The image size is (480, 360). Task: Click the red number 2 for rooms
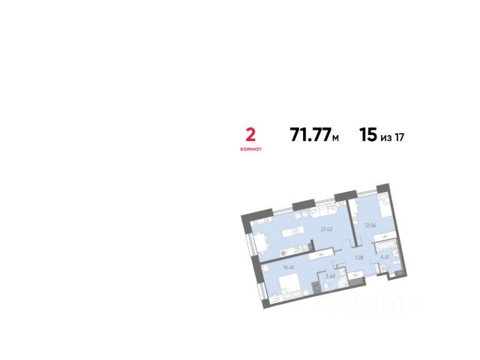[x=250, y=135]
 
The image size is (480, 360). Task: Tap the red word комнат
[x=250, y=149]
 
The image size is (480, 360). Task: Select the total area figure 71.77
[x=310, y=136]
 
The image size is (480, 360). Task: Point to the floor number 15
[x=367, y=136]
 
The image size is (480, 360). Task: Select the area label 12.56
[x=370, y=223]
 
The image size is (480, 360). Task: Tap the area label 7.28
[x=358, y=257]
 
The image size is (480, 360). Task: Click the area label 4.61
[x=384, y=257]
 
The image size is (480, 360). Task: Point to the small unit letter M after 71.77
[x=336, y=138]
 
